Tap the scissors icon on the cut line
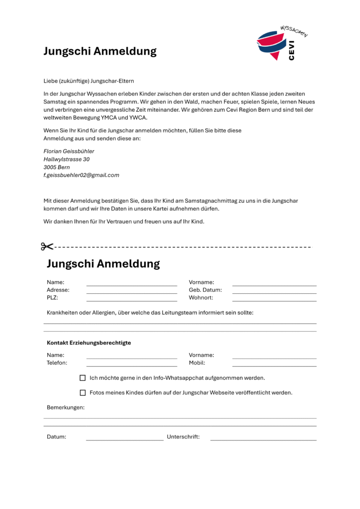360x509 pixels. click(47, 247)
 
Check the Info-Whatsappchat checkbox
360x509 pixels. click(83, 378)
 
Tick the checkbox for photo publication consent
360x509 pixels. click(83, 393)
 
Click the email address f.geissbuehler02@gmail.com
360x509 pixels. click(82, 175)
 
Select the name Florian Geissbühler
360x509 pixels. click(69, 151)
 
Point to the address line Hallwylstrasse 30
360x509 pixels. click(67, 159)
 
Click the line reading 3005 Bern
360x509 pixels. click(57, 167)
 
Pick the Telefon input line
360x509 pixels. click(132, 365)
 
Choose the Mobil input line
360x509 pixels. click(274, 365)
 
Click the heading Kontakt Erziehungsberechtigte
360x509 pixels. click(89, 343)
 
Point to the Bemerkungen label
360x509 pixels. click(66, 408)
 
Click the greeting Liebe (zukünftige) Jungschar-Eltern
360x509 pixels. click(89, 81)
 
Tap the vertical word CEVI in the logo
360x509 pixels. click(291, 51)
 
